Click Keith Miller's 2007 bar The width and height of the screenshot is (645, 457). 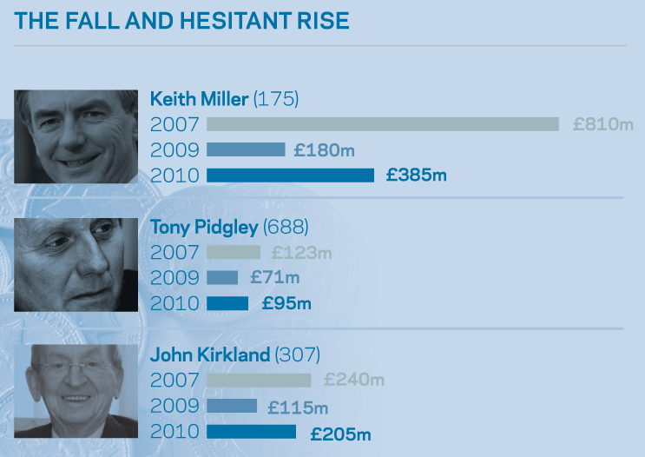[x=382, y=124]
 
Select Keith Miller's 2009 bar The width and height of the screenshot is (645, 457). [x=246, y=149]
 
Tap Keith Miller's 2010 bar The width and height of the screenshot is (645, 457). [x=290, y=176]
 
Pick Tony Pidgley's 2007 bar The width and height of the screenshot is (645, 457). [x=234, y=253]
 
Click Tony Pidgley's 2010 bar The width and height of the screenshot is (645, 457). [x=227, y=304]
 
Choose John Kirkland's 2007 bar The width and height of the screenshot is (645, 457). [x=259, y=380]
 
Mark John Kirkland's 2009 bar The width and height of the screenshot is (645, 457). [x=232, y=406]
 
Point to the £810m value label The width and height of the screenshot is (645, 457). [x=603, y=124]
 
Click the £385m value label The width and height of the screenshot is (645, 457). [x=417, y=176]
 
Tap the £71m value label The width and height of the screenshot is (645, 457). [x=274, y=278]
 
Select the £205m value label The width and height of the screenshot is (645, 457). [x=340, y=433]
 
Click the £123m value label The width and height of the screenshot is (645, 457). [x=301, y=253]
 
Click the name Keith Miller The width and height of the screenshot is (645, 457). [x=200, y=98]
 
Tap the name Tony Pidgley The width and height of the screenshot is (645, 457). [x=204, y=228]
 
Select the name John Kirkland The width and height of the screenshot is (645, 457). [x=211, y=354]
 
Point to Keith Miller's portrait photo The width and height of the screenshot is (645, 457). [x=76, y=136]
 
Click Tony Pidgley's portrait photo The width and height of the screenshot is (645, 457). [x=76, y=264]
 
